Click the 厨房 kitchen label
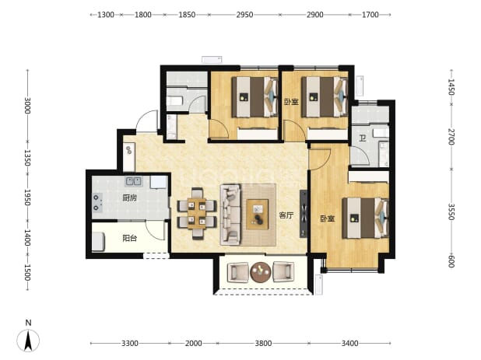[129, 198]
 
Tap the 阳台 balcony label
[129, 238]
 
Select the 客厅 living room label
[286, 215]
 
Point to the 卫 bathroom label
[363, 138]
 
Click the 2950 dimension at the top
[244, 15]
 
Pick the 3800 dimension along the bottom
[263, 343]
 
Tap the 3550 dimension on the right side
[451, 211]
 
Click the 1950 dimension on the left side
[27, 197]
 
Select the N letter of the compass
[28, 323]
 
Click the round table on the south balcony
[261, 272]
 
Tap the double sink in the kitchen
[133, 181]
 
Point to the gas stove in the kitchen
[97, 203]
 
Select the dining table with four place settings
[197, 214]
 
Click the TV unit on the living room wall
[304, 214]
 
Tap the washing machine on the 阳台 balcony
[99, 242]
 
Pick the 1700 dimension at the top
[370, 15]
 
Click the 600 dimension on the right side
[451, 261]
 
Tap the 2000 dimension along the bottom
[193, 343]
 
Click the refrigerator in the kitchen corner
[158, 182]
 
